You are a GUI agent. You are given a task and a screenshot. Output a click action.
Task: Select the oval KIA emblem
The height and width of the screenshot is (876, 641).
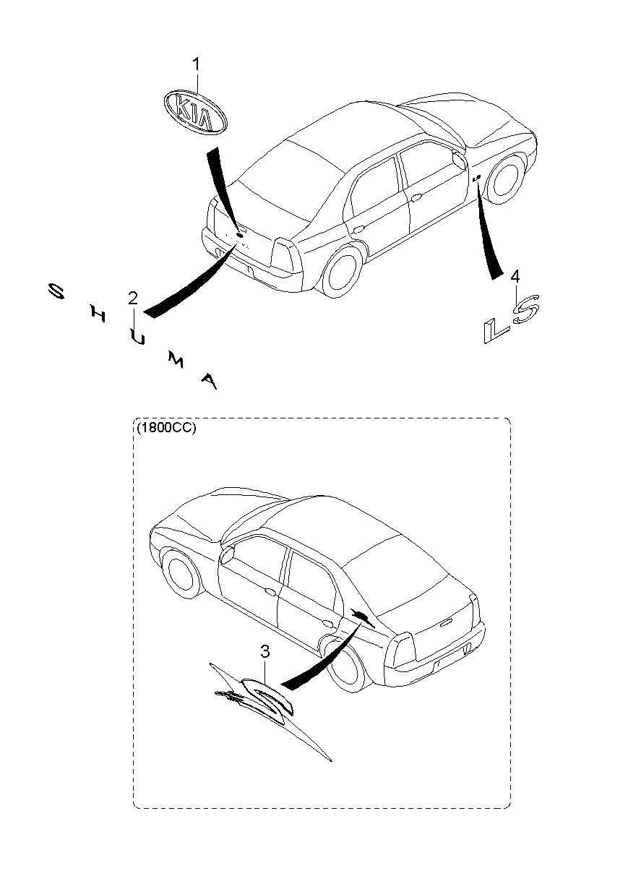point(194,112)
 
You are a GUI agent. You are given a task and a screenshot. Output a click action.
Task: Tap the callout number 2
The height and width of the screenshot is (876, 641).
point(133,298)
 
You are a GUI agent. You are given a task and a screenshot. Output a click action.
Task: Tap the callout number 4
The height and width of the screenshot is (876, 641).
point(515,275)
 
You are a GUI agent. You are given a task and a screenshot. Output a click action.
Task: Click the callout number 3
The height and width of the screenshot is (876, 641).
point(265,652)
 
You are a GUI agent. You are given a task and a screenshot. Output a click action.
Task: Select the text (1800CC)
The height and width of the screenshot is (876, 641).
point(166,426)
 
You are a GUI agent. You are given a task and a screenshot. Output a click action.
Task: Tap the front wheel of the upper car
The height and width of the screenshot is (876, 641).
point(504,176)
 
